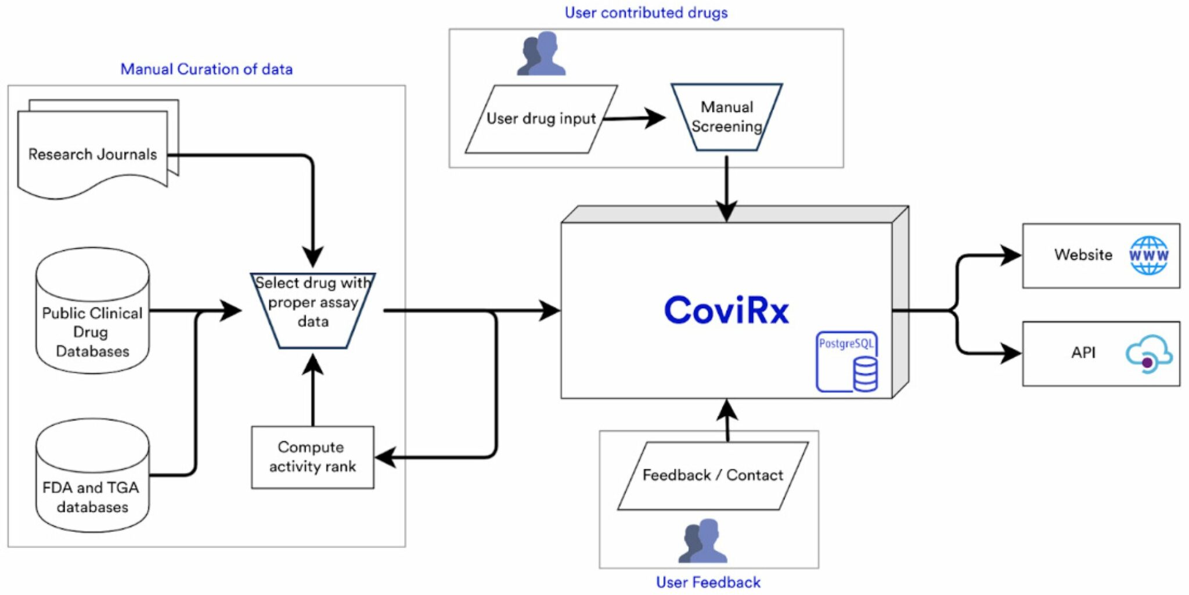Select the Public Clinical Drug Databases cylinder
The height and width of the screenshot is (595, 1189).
93,311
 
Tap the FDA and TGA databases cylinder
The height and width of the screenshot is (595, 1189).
93,475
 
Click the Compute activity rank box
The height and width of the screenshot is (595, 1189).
312,457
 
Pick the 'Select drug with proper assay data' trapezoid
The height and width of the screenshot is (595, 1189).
313,311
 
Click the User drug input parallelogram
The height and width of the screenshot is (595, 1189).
541,119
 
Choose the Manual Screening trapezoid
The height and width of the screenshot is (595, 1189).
726,117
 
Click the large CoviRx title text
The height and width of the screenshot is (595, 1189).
726,310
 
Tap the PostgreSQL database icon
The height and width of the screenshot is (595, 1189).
847,361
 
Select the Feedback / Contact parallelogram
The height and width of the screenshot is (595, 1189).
713,475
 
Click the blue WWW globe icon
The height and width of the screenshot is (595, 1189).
1148,255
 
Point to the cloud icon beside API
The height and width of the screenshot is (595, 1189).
1149,354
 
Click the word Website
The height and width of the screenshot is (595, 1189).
1083,255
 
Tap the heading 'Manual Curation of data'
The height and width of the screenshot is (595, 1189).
207,69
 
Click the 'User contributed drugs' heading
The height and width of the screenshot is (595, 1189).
646,13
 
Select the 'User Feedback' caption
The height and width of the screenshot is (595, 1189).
708,582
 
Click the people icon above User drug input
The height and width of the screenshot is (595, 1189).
541,53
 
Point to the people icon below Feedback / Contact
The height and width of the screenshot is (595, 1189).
702,541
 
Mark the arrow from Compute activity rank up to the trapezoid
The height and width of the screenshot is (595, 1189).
313,390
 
